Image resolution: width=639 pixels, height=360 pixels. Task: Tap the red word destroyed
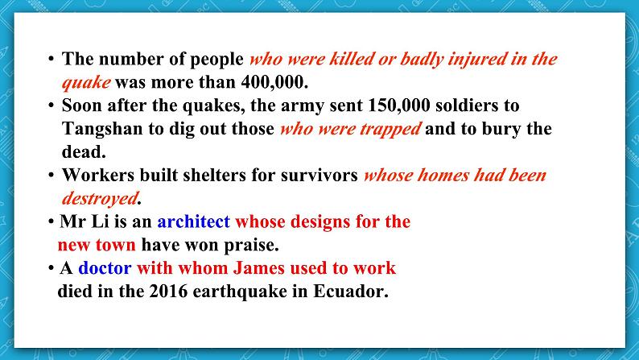(100, 198)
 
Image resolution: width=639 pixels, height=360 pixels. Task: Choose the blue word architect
(193, 221)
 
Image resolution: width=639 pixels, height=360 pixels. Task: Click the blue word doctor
(105, 268)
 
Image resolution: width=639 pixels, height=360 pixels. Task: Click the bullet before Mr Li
(51, 222)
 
